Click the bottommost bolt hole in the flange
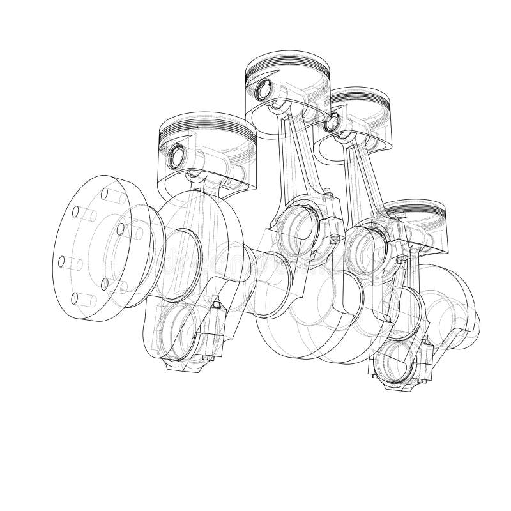[77, 298]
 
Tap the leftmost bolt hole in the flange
[62, 261]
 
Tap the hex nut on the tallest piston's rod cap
[333, 239]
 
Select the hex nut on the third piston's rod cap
[400, 259]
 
